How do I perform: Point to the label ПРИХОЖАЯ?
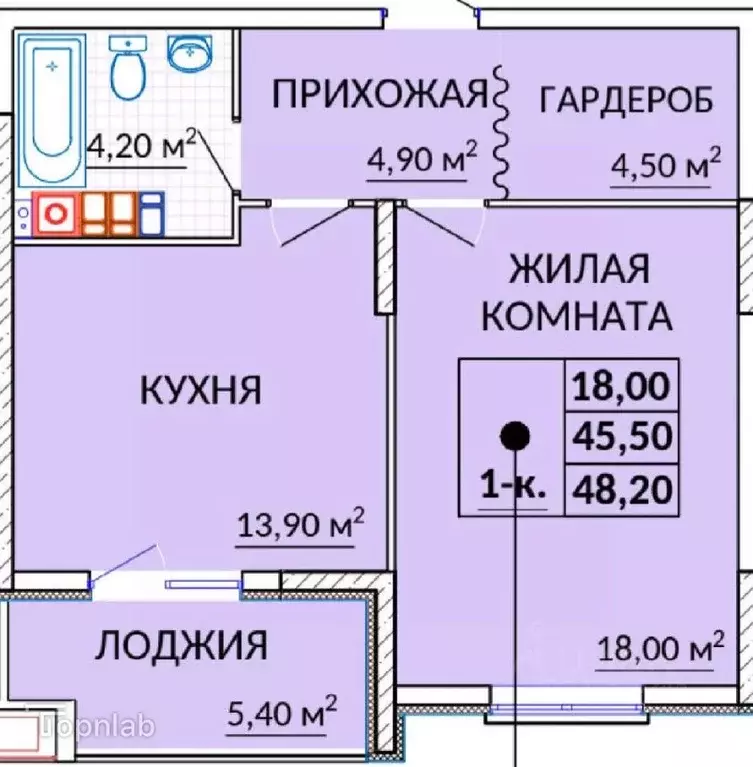point(379,96)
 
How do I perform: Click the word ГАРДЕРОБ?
point(626,100)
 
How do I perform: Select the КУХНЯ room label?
point(200,390)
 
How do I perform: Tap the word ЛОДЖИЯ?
point(181,646)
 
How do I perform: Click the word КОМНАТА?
point(576,316)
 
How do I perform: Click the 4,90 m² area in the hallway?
point(419,160)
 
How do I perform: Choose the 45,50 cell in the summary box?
point(621,436)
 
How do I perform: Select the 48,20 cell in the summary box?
point(621,489)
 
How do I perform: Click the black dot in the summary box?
point(514,435)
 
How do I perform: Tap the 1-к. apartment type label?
point(513,488)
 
